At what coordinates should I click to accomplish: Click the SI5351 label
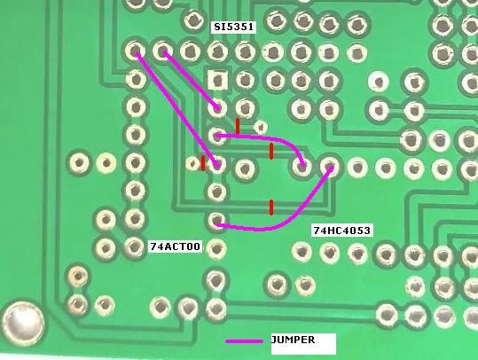tap(233, 27)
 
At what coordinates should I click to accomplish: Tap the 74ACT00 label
tap(176, 247)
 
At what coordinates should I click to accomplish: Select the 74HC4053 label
tap(342, 231)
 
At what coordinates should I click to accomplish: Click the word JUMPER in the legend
tap(293, 340)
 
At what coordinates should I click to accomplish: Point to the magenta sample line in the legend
tap(244, 341)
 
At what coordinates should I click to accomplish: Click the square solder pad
tap(217, 81)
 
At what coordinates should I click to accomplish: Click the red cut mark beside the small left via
tap(203, 163)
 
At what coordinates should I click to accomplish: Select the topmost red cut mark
tap(238, 126)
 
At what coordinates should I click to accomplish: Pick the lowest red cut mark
tap(271, 207)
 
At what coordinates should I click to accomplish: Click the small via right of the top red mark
tap(261, 127)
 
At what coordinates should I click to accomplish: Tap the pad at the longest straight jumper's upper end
tap(135, 51)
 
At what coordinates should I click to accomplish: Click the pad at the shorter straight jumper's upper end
tap(162, 51)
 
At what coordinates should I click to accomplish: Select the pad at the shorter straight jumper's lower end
tap(217, 108)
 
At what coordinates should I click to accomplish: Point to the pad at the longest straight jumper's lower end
tap(216, 165)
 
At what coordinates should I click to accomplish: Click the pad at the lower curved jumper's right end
tap(329, 167)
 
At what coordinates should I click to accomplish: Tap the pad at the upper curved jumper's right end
tap(302, 167)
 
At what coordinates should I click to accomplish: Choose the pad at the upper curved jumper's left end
tap(216, 136)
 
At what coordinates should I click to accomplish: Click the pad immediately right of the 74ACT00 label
tap(216, 249)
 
